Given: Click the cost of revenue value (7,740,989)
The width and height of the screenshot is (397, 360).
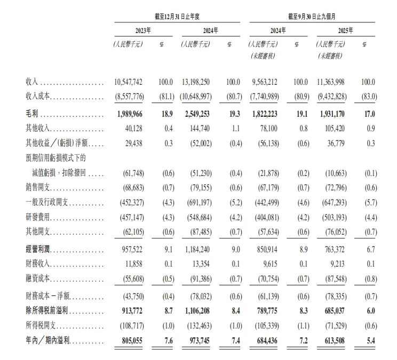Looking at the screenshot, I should coord(265,97).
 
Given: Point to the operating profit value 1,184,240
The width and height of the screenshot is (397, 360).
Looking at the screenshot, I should coord(199,249).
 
